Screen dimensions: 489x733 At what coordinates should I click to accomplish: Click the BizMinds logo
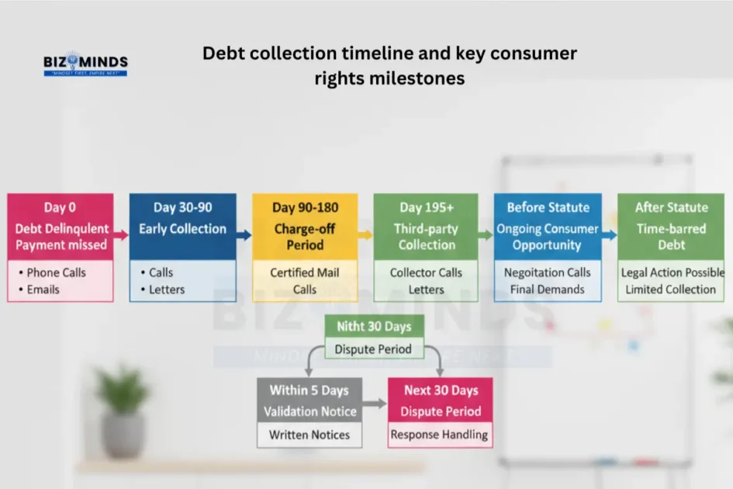(x=85, y=64)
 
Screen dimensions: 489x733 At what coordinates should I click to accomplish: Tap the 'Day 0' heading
(x=60, y=207)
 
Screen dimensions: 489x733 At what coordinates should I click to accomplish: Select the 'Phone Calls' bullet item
(x=56, y=272)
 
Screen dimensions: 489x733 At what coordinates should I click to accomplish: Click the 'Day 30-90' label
(x=182, y=207)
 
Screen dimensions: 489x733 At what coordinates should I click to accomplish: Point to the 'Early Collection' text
(x=182, y=229)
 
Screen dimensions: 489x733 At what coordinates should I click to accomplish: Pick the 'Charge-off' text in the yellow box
(x=304, y=229)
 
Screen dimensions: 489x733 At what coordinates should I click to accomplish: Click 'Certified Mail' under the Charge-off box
(x=304, y=272)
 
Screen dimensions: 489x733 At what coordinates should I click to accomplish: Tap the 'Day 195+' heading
(x=427, y=207)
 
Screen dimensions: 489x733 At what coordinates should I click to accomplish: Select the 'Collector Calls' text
(x=427, y=272)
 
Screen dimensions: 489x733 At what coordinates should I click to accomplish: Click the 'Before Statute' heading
(x=548, y=207)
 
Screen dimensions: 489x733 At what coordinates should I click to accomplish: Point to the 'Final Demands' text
(x=548, y=290)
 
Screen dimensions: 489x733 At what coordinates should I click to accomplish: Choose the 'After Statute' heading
(x=671, y=207)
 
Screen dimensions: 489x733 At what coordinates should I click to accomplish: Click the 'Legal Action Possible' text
(x=672, y=272)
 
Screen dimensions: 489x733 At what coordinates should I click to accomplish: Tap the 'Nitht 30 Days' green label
(x=374, y=326)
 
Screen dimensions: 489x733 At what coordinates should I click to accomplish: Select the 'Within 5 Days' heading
(x=309, y=390)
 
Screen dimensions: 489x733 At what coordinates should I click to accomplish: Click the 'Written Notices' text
(x=309, y=435)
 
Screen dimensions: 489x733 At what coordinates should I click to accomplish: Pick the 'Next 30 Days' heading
(x=440, y=390)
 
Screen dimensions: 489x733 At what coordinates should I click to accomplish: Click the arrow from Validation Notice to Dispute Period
(x=375, y=404)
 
